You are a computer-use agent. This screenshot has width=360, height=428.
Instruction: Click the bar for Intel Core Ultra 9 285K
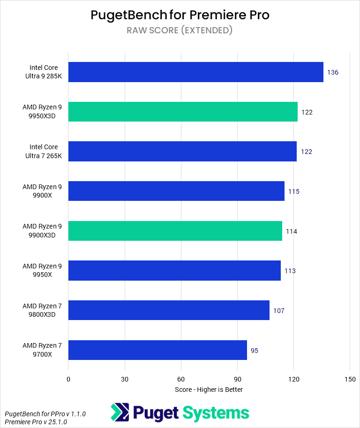click(x=195, y=72)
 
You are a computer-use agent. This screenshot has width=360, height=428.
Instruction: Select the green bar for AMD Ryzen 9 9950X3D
click(x=183, y=112)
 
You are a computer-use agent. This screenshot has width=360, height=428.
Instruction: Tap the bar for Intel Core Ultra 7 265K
click(x=182, y=152)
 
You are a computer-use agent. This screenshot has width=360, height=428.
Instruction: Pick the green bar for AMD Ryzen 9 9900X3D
click(x=175, y=231)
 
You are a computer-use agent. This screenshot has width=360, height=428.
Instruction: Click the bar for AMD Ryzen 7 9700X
click(x=157, y=350)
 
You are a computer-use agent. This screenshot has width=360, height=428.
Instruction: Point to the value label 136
click(x=333, y=72)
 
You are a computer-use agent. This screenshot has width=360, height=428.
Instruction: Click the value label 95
click(x=255, y=351)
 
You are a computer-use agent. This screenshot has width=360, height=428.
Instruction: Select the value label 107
click(x=279, y=311)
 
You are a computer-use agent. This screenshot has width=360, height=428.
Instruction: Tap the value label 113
click(x=290, y=271)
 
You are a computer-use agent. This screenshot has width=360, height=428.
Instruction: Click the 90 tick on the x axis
click(x=237, y=379)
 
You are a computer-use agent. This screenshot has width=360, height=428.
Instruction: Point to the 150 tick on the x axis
click(x=350, y=379)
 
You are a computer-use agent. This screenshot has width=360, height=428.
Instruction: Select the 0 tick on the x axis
click(x=68, y=379)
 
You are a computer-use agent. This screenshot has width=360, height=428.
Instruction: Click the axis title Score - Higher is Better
click(x=209, y=390)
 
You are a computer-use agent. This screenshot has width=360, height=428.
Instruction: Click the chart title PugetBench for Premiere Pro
click(x=180, y=15)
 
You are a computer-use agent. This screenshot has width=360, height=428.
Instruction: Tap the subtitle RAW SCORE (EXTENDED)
click(x=180, y=31)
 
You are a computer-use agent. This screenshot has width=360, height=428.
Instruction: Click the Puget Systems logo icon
click(x=120, y=413)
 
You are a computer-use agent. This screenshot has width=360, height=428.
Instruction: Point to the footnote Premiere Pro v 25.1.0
click(x=36, y=422)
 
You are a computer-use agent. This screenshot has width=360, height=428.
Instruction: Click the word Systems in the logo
click(x=215, y=413)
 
